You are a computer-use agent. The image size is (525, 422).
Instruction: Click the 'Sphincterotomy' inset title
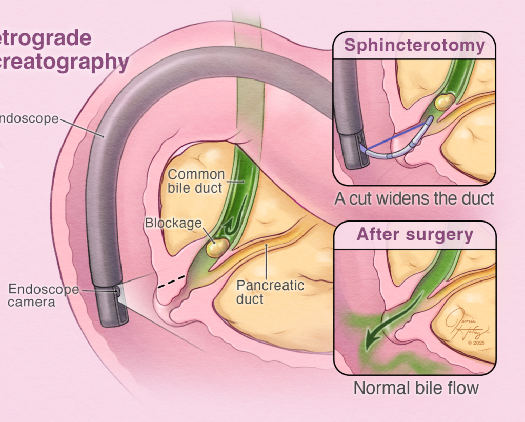click(x=414, y=45)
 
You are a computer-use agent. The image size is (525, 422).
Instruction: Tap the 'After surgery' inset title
click(x=415, y=235)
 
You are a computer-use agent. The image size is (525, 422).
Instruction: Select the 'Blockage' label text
click(x=172, y=223)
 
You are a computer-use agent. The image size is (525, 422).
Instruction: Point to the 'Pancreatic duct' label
click(x=270, y=292)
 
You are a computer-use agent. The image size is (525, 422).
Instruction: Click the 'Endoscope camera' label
click(x=44, y=295)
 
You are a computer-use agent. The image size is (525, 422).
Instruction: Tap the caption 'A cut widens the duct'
click(x=414, y=198)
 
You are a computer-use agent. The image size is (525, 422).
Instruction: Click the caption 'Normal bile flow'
click(x=415, y=388)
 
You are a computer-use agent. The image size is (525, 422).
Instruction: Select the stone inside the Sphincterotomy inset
click(x=444, y=101)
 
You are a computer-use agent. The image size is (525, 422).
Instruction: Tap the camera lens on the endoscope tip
click(x=118, y=292)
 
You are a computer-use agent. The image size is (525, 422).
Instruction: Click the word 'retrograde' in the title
click(x=46, y=38)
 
